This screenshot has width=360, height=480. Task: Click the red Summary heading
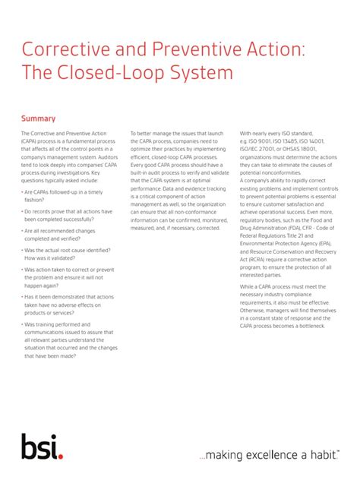(x=38, y=118)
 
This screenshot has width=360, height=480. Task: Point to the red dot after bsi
(x=61, y=455)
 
